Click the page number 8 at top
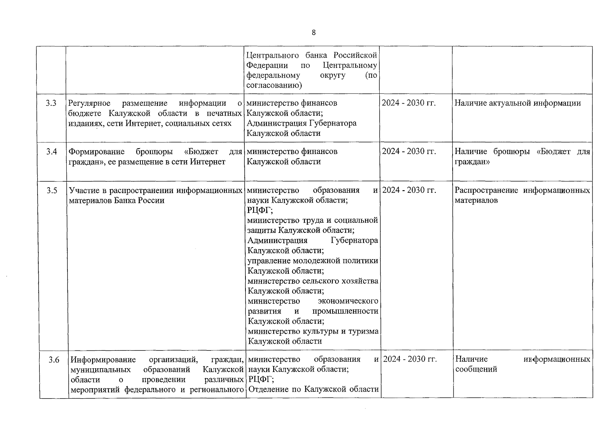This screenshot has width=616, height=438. (314, 32)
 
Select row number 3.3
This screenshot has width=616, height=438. (51, 103)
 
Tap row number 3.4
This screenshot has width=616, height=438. (51, 151)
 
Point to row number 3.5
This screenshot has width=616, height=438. (52, 191)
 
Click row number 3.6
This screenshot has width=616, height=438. (54, 360)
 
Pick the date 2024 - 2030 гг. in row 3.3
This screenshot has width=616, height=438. (408, 103)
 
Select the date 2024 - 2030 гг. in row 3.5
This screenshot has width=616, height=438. (409, 190)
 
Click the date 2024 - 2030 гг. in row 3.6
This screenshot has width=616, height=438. (410, 359)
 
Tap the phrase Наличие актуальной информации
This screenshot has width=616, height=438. (518, 103)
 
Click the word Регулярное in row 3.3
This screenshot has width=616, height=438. (89, 103)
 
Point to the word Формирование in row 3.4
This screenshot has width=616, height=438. (97, 151)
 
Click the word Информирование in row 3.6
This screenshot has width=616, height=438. (103, 360)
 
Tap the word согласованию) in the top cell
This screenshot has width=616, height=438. (274, 85)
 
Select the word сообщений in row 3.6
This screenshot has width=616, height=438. (476, 369)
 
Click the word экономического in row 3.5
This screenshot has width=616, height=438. (348, 301)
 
